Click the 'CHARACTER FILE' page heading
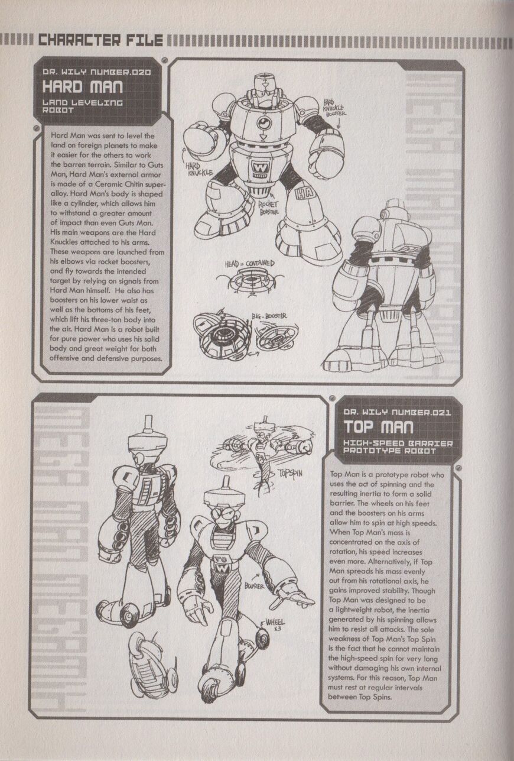click(x=100, y=40)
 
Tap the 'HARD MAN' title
click(x=83, y=87)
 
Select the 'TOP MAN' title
click(x=379, y=427)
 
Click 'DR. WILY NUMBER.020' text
click(x=96, y=72)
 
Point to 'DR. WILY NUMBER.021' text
click(x=398, y=413)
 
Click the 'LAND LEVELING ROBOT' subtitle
click(x=83, y=106)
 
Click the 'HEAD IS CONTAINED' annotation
click(x=249, y=264)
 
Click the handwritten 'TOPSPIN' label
click(x=289, y=473)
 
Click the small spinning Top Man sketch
click(x=261, y=450)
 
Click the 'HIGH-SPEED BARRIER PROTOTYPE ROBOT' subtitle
click(x=398, y=447)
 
